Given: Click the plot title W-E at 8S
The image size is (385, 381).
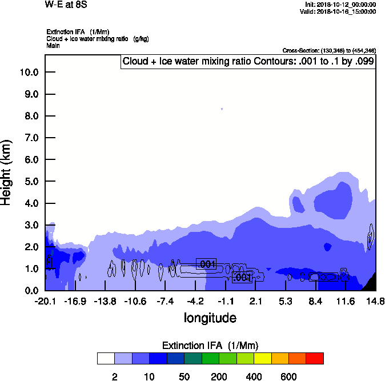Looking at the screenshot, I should (x=62, y=5).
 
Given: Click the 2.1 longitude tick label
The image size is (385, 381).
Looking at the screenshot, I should (x=255, y=301).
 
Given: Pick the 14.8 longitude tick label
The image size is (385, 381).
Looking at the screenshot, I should (x=375, y=301).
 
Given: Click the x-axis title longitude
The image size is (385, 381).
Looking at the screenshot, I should (x=210, y=317).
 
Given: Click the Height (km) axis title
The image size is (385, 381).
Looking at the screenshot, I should (x=7, y=172).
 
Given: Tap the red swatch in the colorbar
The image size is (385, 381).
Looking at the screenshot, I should (x=314, y=358).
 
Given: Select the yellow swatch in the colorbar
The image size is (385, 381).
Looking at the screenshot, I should (x=262, y=358).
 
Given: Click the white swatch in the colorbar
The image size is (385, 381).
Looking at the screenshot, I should (x=106, y=358).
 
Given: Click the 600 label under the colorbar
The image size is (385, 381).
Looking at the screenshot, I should (x=288, y=376).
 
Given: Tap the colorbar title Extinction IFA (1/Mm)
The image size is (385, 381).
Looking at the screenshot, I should (x=210, y=345).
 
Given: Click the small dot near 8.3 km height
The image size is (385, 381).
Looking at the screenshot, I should (x=222, y=109).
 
